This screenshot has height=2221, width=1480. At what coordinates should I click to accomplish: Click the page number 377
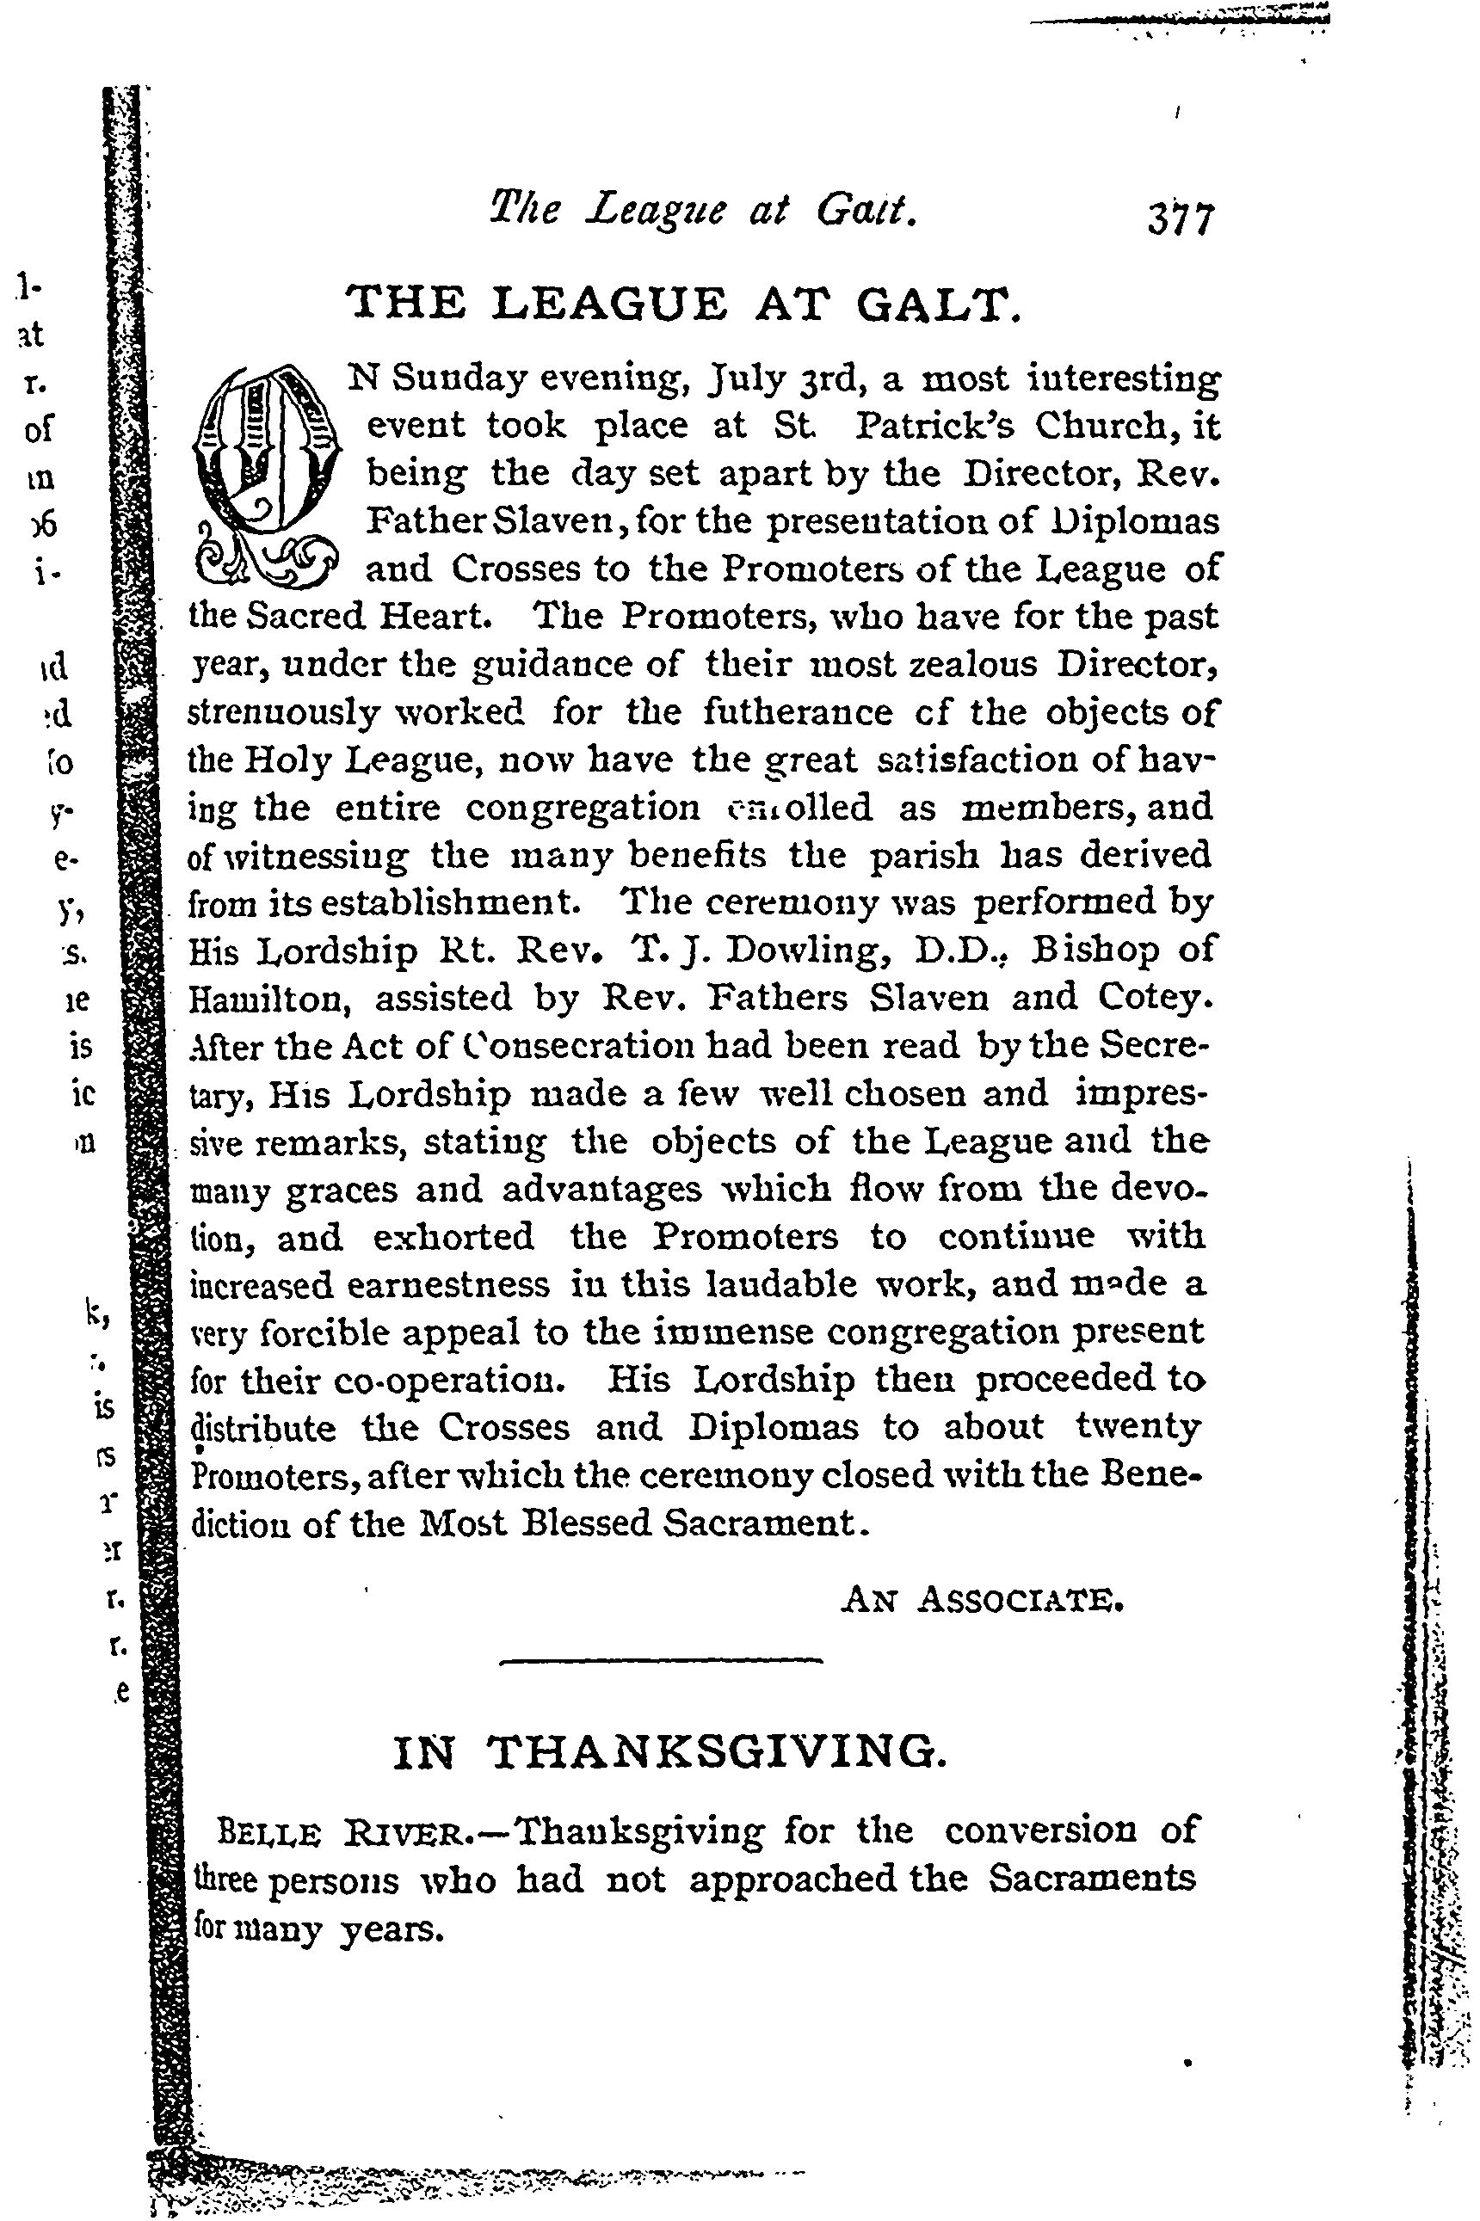point(1179,220)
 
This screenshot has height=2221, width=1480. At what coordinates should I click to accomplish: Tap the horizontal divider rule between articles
point(661,1660)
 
